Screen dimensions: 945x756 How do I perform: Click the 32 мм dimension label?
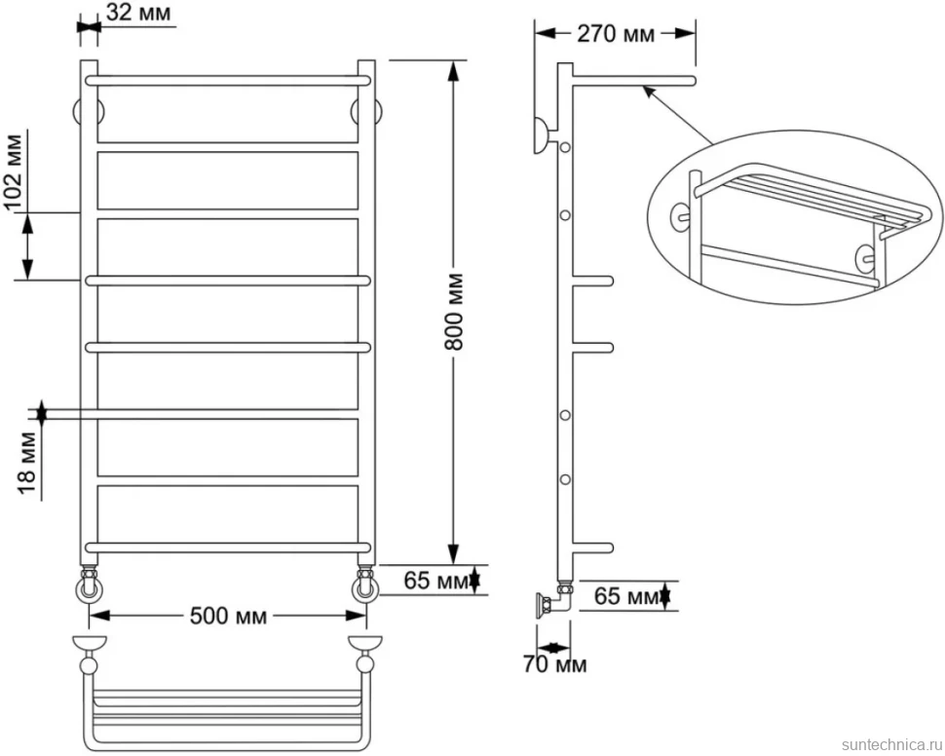tap(137, 12)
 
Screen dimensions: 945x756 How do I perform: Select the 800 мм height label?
tap(454, 312)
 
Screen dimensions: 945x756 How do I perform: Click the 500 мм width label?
tap(228, 616)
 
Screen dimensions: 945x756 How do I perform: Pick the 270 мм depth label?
tap(616, 34)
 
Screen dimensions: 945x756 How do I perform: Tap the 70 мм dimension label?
tap(554, 664)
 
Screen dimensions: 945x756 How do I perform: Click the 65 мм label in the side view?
tap(626, 595)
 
